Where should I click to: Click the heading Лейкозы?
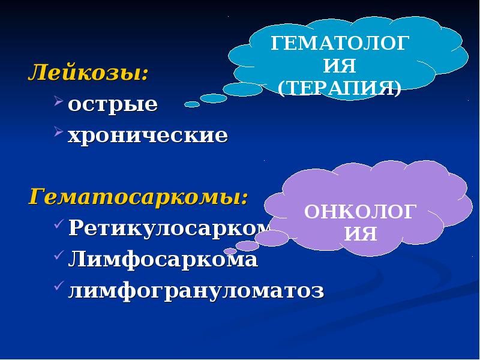coord(88,74)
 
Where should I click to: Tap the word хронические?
coord(148,135)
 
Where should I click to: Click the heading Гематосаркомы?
coord(138,196)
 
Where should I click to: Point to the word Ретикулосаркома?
coord(168,227)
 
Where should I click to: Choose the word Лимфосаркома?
coord(163,260)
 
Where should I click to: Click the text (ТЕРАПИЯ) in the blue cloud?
coord(340,88)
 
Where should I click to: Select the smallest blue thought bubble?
coord(192,104)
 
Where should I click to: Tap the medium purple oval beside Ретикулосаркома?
coord(271,238)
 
